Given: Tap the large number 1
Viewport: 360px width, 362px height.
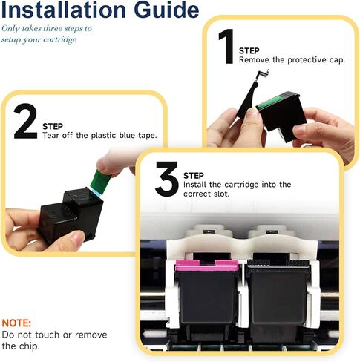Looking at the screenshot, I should pos(225,47).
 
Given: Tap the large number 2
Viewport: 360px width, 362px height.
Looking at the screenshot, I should pos(25,122).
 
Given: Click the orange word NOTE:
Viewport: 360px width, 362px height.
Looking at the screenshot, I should pos(16,324).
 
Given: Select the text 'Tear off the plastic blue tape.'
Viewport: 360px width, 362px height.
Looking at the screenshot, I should pos(99,136).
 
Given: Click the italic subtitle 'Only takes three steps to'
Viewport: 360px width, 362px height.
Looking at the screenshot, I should pos(46,28).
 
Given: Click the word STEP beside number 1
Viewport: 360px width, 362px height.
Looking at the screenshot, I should pos(249,50).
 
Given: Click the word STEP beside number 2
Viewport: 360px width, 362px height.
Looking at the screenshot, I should pos(53,126).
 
